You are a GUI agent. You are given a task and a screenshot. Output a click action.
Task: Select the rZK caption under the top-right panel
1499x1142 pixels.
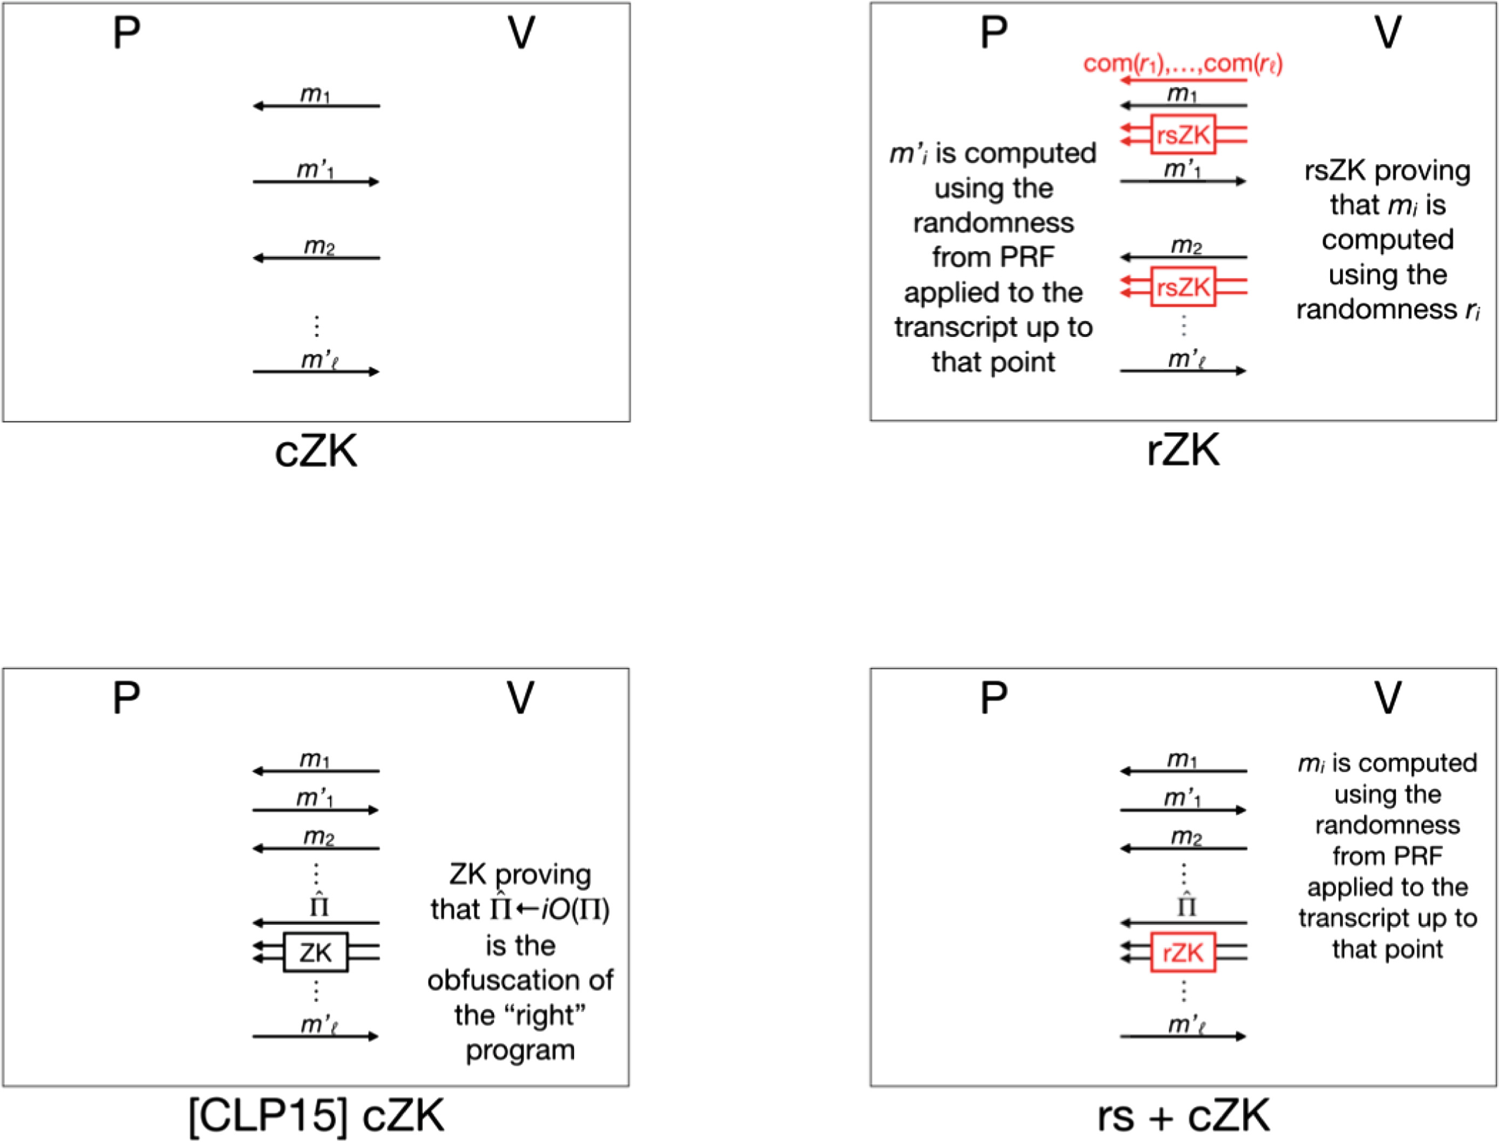click(1183, 450)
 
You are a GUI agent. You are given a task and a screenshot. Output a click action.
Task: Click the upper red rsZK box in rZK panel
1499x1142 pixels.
click(1183, 135)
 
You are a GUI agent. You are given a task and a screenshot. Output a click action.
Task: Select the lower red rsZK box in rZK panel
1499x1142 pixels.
click(1183, 287)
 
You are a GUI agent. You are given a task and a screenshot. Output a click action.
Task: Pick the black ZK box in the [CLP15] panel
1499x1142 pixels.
click(316, 952)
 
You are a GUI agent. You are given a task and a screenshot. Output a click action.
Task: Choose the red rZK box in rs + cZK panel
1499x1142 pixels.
click(1183, 952)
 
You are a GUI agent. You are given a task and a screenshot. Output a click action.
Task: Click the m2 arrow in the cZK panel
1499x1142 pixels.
click(316, 258)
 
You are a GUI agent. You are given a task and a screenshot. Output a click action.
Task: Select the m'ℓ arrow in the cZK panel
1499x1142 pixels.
click(316, 371)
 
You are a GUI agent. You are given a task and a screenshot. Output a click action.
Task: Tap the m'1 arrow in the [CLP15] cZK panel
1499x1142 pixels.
click(316, 810)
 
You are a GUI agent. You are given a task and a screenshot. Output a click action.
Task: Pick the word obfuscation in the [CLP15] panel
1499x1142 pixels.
click(520, 980)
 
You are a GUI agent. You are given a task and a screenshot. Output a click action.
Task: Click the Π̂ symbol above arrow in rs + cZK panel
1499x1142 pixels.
click(1186, 905)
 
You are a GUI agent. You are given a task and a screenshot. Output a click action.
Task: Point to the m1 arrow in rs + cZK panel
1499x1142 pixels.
click(1183, 771)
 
